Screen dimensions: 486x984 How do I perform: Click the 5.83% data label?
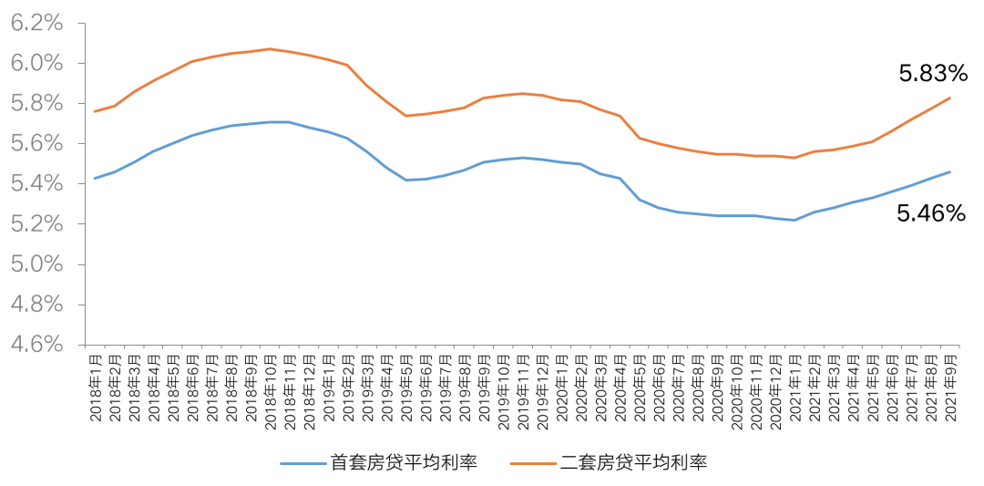931,74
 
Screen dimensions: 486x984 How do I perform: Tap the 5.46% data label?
930,214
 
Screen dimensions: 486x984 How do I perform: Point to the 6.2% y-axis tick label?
37,24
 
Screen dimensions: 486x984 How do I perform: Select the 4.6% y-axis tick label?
37,345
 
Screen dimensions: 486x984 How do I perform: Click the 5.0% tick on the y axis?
37,264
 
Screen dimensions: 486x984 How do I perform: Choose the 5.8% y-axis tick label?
37,104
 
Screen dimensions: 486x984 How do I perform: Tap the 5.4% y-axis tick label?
37,184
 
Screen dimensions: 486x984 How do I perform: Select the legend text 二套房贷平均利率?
633,462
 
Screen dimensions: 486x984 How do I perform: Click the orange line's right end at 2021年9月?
951,98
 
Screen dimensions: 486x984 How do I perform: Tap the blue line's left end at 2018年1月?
95,178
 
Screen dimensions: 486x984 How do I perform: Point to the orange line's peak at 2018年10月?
270,48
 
